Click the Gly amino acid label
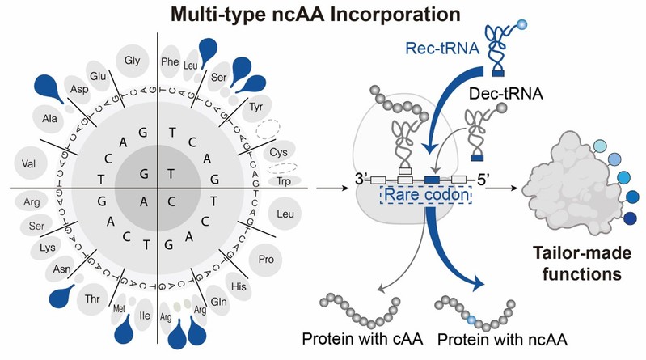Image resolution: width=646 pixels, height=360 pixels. tap(132, 59)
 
